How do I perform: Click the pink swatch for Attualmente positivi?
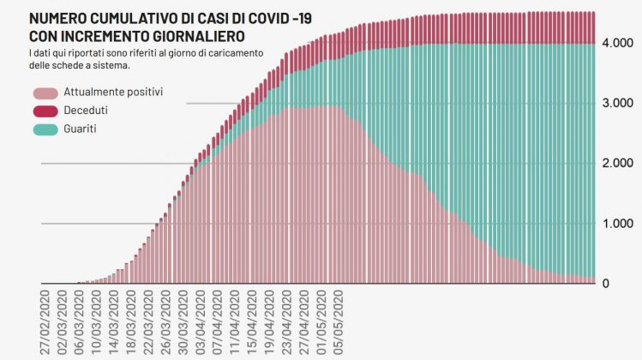click(45, 92)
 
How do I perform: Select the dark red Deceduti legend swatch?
click(45, 111)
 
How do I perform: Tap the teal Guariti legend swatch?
click(45, 129)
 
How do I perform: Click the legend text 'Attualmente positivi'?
click(113, 92)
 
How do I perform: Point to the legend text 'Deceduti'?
click(86, 111)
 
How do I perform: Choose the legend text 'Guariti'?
click(81, 129)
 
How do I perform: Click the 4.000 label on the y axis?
click(617, 43)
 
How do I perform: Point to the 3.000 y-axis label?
click(617, 103)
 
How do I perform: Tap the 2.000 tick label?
click(617, 163)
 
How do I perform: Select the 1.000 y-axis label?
click(617, 224)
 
